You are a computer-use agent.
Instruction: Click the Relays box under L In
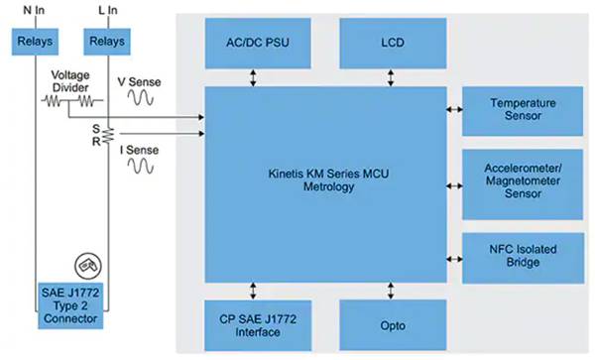click(x=106, y=43)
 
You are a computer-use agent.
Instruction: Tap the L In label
click(x=106, y=12)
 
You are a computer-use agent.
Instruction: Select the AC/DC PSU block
click(x=254, y=43)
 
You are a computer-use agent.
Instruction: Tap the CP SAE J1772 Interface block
click(x=254, y=324)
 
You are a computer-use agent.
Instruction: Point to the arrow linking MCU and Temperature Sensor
click(x=454, y=110)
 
